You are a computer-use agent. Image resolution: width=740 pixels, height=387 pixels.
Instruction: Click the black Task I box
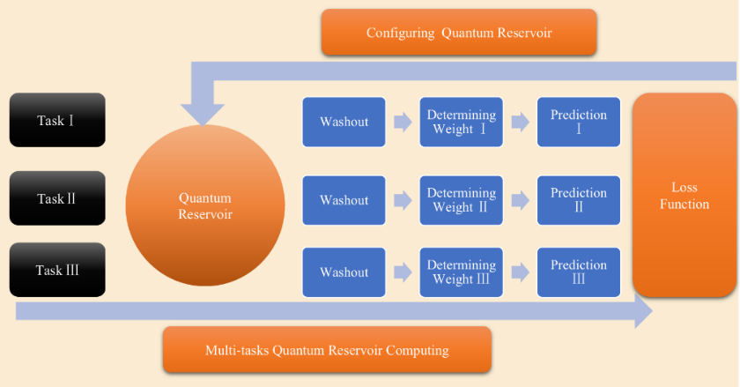(57, 120)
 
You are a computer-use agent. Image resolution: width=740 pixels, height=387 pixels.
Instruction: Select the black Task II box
(57, 198)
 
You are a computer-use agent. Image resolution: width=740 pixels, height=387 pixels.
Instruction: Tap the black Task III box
(57, 270)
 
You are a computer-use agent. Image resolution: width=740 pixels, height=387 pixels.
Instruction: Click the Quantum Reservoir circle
(205, 205)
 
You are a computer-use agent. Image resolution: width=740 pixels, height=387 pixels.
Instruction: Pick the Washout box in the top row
(344, 122)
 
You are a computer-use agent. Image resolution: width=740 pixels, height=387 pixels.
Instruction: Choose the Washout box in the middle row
(344, 200)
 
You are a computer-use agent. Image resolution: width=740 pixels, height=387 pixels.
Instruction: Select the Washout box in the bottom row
(344, 272)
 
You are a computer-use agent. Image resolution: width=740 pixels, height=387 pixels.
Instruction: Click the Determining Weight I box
(461, 122)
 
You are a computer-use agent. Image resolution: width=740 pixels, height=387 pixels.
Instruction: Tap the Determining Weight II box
(461, 200)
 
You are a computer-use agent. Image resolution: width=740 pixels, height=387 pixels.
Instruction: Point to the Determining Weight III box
(461, 272)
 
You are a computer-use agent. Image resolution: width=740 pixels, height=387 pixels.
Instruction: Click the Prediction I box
(579, 122)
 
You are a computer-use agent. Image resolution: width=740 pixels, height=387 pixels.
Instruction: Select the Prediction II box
(579, 200)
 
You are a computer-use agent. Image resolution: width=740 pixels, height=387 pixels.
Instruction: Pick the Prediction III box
(579, 272)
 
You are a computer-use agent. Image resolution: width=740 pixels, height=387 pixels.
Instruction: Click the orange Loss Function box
(684, 195)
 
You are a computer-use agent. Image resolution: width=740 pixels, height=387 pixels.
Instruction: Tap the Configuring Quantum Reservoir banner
(459, 32)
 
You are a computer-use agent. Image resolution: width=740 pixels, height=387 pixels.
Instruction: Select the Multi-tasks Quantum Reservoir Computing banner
(327, 350)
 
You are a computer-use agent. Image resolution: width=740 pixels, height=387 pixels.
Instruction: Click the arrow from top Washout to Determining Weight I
(403, 122)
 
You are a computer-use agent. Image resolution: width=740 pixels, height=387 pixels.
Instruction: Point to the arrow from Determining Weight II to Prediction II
(521, 200)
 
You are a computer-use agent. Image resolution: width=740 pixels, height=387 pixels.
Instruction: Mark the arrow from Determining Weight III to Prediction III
(521, 272)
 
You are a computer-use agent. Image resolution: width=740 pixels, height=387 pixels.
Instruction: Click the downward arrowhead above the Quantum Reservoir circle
(203, 114)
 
